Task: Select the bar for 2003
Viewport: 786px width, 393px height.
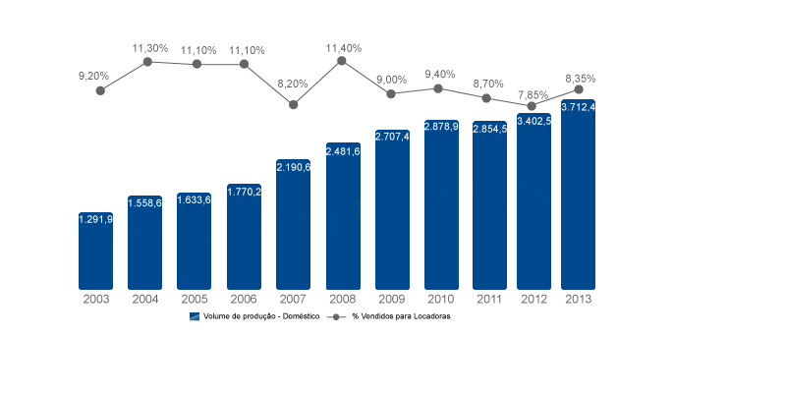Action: pyautogui.click(x=96, y=251)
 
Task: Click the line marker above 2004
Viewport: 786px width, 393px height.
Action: pyautogui.click(x=147, y=61)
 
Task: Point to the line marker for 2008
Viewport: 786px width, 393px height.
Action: pyautogui.click(x=342, y=60)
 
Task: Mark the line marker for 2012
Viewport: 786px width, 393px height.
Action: pyautogui.click(x=532, y=105)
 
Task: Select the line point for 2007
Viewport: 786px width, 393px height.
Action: pyautogui.click(x=293, y=103)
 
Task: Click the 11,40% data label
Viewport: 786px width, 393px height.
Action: pyautogui.click(x=343, y=47)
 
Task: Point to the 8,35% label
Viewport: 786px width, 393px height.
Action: pyautogui.click(x=580, y=78)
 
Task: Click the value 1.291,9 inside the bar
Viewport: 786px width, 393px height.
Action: pyautogui.click(x=96, y=219)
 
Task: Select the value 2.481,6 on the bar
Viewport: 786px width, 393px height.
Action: pyautogui.click(x=343, y=151)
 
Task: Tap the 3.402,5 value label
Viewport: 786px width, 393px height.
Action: pyautogui.click(x=533, y=121)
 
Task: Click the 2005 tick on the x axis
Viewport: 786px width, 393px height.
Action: pyautogui.click(x=195, y=299)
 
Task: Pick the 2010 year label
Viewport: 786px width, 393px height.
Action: pyautogui.click(x=441, y=299)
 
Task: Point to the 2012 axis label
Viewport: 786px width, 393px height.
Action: pyautogui.click(x=533, y=299)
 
